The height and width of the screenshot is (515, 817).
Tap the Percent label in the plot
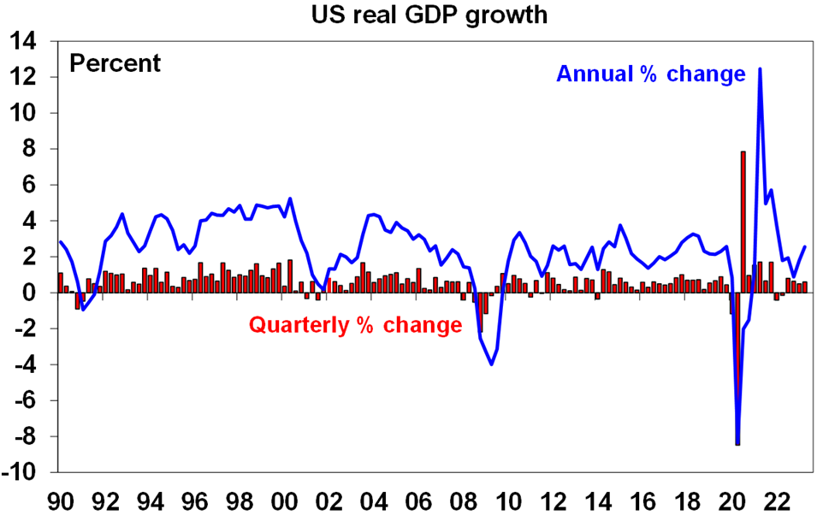pos(115,64)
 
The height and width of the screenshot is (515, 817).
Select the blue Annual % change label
pos(651,74)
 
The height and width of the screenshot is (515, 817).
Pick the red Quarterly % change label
pos(355,326)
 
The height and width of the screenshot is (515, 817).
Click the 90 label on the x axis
pos(60,498)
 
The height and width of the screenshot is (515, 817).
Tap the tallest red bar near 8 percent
pos(743,222)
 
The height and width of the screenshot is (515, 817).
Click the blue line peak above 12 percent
pos(760,69)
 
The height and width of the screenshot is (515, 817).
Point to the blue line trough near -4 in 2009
pos(492,364)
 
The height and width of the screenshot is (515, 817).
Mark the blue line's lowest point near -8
pos(737,443)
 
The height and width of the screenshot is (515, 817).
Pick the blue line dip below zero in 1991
pos(83,310)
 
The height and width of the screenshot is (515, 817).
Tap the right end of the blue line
pos(805,247)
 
